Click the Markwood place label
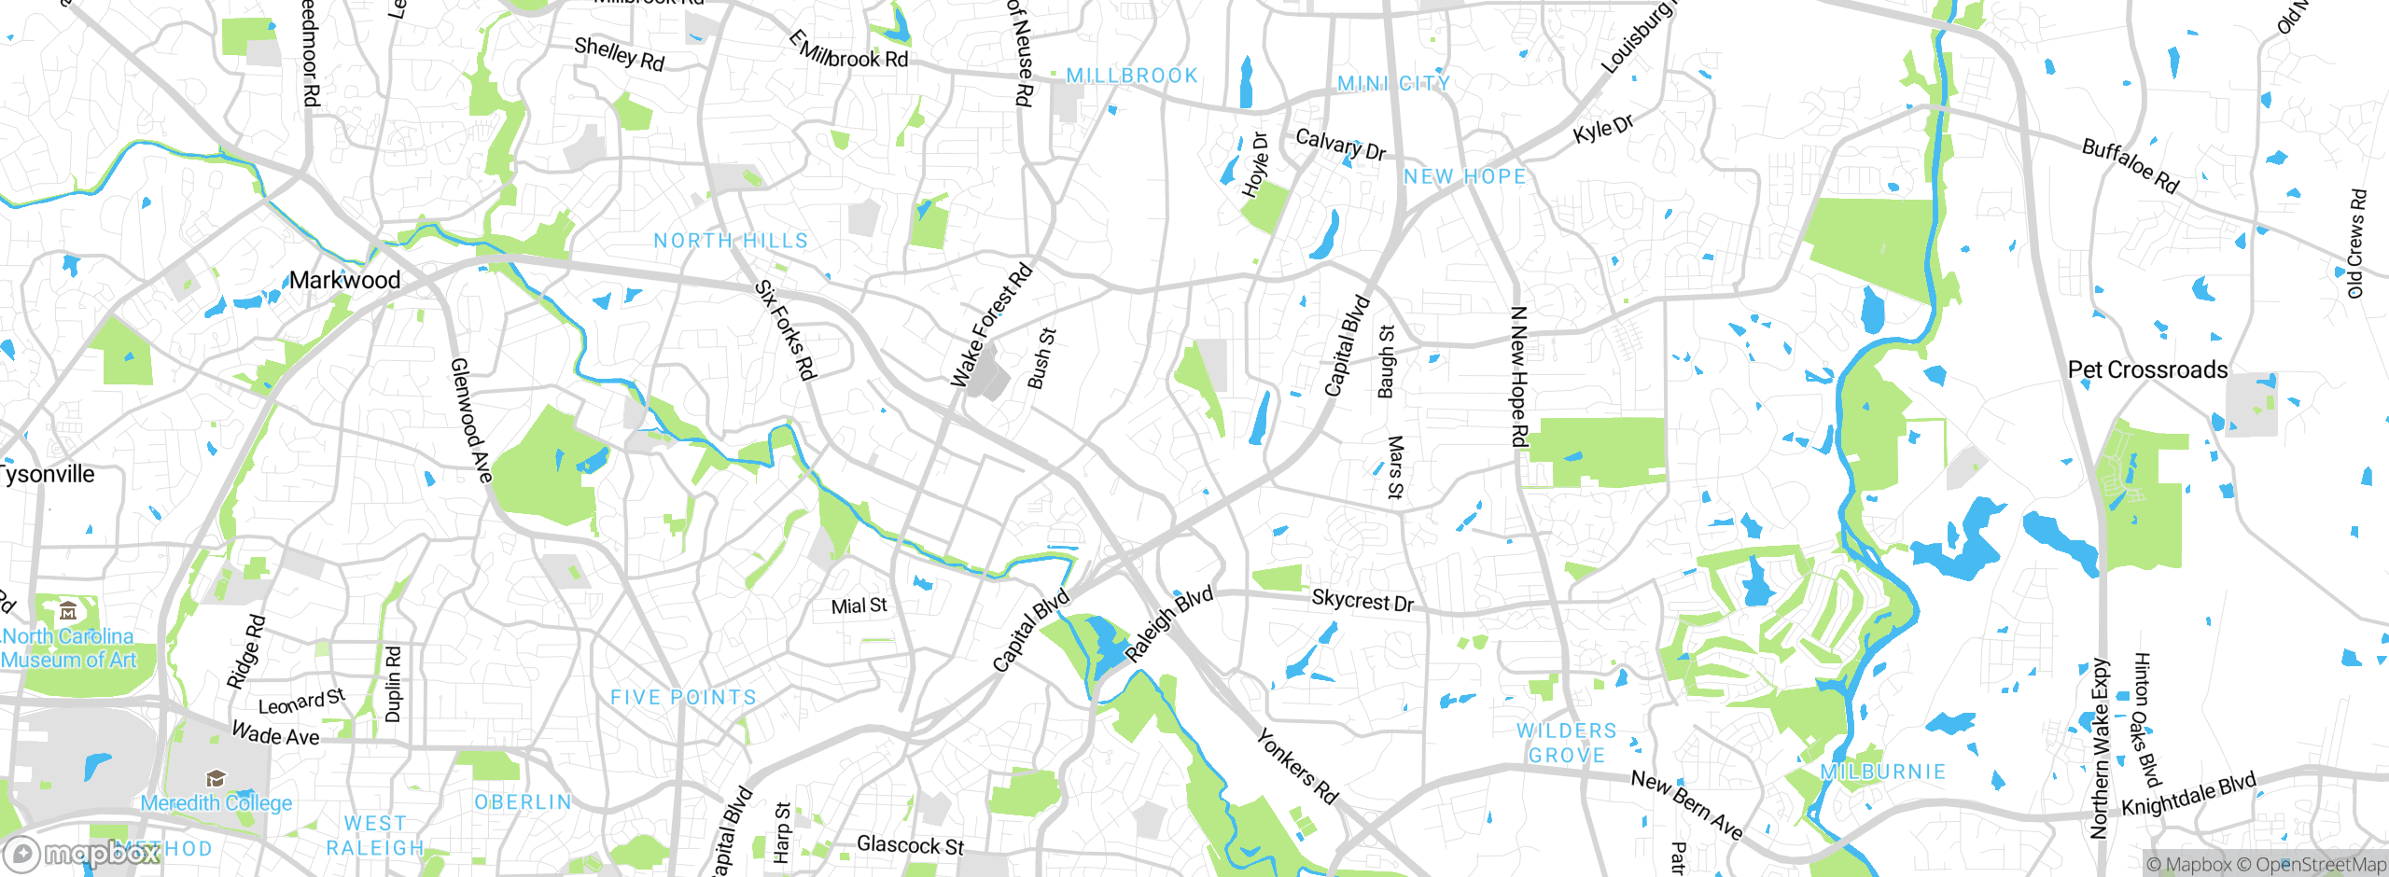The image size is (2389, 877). (344, 280)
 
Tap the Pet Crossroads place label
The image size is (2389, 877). (2147, 370)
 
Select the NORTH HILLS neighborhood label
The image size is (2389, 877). (731, 241)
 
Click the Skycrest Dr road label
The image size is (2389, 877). (1362, 601)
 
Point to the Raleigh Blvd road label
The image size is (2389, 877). (1168, 624)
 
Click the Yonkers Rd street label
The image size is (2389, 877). (1297, 767)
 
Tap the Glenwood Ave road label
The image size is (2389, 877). (471, 420)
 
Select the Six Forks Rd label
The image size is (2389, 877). (786, 330)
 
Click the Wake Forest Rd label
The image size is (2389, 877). (991, 326)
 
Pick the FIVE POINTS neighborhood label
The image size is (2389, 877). (683, 697)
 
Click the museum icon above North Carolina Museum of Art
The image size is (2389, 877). (68, 612)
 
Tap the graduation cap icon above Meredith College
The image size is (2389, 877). (216, 778)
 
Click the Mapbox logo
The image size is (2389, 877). (82, 853)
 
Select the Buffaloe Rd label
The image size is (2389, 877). (2131, 166)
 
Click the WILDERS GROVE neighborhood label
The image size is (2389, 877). (1566, 743)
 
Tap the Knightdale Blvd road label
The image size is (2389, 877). (2188, 794)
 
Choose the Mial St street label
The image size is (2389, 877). (859, 606)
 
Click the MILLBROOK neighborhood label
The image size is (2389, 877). (1131, 76)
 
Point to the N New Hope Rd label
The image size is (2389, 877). (1519, 377)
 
